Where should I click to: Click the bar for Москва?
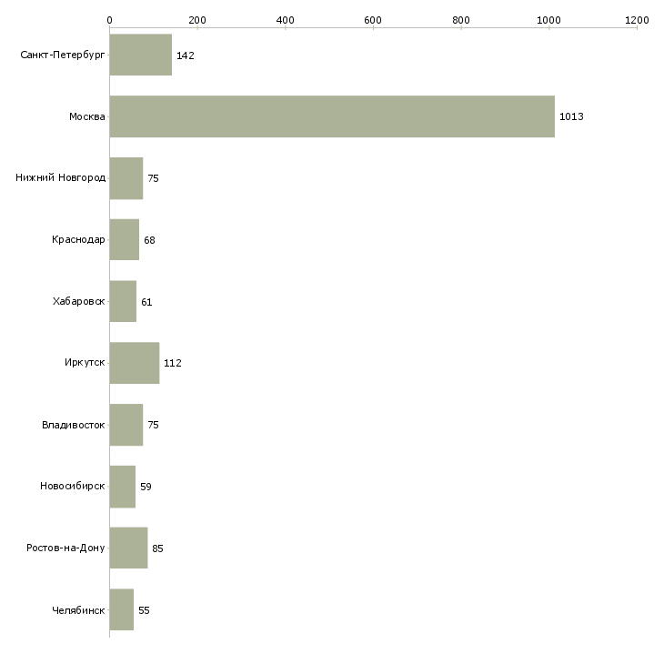(332, 116)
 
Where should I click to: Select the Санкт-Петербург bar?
(141, 55)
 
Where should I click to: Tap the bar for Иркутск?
(135, 363)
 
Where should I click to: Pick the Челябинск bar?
(122, 609)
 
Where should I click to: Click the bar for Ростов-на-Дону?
(128, 548)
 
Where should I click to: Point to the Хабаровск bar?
(123, 301)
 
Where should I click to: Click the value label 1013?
(571, 117)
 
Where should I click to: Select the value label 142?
(186, 55)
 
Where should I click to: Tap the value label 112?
(173, 364)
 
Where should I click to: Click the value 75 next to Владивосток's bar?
(153, 425)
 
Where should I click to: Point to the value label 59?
(146, 487)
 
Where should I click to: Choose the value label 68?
(149, 240)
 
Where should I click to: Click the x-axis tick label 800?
(461, 20)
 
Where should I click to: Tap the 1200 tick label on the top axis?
(637, 20)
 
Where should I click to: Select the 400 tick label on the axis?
(285, 20)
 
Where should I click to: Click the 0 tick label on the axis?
(109, 20)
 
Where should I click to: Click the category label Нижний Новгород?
(60, 178)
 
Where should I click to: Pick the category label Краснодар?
(79, 240)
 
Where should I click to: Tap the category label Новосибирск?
(73, 487)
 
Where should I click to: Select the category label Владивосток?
(74, 425)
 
